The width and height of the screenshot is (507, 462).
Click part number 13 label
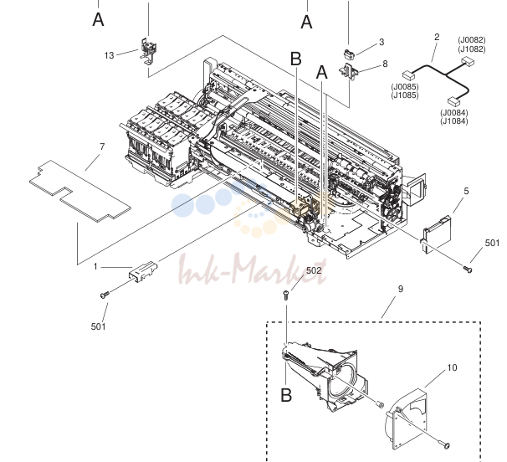point(110,55)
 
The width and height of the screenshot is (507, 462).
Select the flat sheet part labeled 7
point(80,191)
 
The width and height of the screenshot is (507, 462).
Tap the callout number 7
point(102,146)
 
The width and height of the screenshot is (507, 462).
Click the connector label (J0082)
point(472,40)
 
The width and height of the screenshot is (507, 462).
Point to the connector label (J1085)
point(405,95)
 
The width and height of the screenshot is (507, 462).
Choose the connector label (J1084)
point(454,121)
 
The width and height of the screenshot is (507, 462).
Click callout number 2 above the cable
point(437,37)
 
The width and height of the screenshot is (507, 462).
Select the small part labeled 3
point(349,54)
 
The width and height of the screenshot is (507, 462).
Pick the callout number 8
point(385,64)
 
